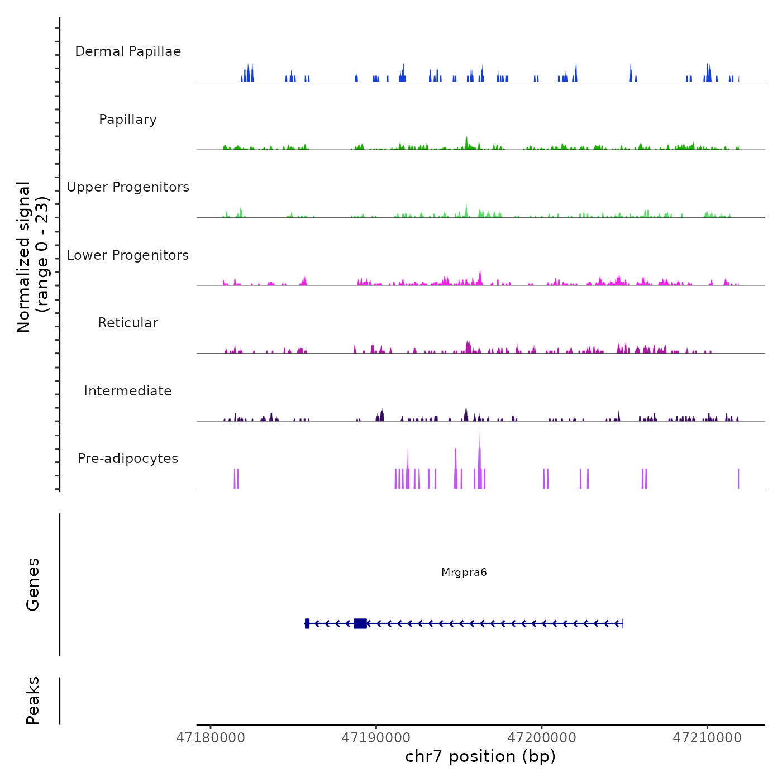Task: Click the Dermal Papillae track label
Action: click(128, 51)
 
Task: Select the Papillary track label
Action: click(128, 120)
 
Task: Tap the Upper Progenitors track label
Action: click(128, 187)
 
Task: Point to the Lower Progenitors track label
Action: click(128, 255)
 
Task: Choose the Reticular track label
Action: click(128, 323)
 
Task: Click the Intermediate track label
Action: click(128, 391)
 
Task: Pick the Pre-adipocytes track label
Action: click(128, 459)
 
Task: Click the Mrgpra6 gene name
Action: click(464, 573)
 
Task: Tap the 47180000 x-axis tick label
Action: click(211, 738)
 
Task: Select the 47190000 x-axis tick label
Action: click(376, 738)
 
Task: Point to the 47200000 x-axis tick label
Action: click(542, 738)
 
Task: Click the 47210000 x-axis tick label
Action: click(707, 738)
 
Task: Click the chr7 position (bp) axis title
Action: click(480, 756)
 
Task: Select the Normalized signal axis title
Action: click(32, 256)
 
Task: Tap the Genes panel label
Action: click(33, 584)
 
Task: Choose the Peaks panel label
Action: click(33, 700)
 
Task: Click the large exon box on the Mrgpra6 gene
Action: click(360, 623)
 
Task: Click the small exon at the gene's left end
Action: click(307, 623)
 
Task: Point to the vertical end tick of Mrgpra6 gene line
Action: click(623, 623)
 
